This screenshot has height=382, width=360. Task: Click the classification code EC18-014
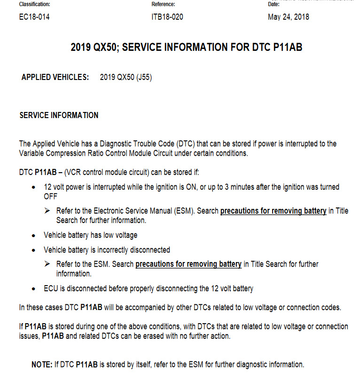click(x=34, y=17)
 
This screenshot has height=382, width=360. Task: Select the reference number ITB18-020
click(x=167, y=17)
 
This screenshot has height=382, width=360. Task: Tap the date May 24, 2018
click(x=289, y=17)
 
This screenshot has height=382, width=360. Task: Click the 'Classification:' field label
click(x=34, y=4)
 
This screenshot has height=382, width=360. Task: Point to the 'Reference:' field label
click(x=163, y=4)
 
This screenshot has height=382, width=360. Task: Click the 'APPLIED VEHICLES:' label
click(x=55, y=78)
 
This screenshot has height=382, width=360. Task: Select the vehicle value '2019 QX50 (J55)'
click(x=125, y=78)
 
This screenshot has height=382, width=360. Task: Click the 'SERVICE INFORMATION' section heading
click(x=59, y=115)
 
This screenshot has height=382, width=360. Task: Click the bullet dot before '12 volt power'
click(x=34, y=188)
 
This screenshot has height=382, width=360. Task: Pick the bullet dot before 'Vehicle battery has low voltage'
click(x=34, y=235)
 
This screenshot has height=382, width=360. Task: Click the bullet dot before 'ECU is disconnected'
click(x=34, y=289)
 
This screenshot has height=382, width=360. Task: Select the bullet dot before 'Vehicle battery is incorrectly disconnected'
click(x=34, y=250)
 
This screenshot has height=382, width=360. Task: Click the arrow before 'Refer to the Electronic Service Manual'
click(x=47, y=211)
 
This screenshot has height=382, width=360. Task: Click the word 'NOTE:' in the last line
click(x=41, y=365)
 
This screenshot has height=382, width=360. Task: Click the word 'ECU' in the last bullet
click(x=50, y=289)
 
